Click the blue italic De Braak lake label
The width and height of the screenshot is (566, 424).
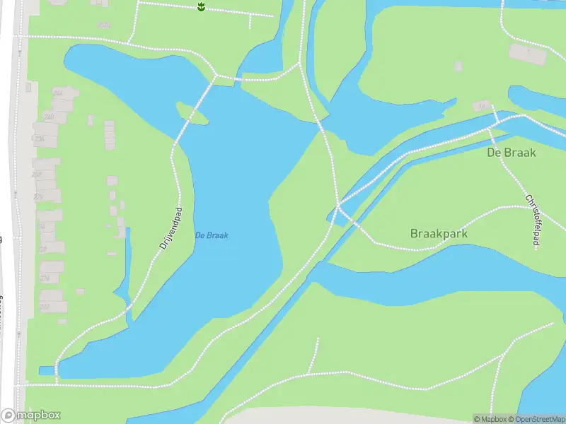click(x=211, y=235)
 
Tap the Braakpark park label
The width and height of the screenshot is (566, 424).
click(x=439, y=233)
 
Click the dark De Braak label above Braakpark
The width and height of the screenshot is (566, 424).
click(x=512, y=152)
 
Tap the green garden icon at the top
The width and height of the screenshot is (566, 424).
click(x=202, y=7)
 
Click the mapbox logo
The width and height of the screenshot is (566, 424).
click(x=31, y=416)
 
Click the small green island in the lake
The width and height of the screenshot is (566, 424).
click(x=192, y=113)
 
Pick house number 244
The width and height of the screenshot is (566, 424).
click(x=57, y=93)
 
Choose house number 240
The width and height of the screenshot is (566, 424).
click(x=49, y=117)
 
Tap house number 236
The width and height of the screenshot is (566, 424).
click(x=40, y=139)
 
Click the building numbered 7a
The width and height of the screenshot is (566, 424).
click(x=483, y=106)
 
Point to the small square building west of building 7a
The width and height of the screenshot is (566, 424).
click(x=458, y=66)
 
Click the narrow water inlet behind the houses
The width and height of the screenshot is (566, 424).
click(x=127, y=269)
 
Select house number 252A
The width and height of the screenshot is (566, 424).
click(x=105, y=25)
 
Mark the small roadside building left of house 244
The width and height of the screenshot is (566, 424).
click(x=28, y=88)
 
